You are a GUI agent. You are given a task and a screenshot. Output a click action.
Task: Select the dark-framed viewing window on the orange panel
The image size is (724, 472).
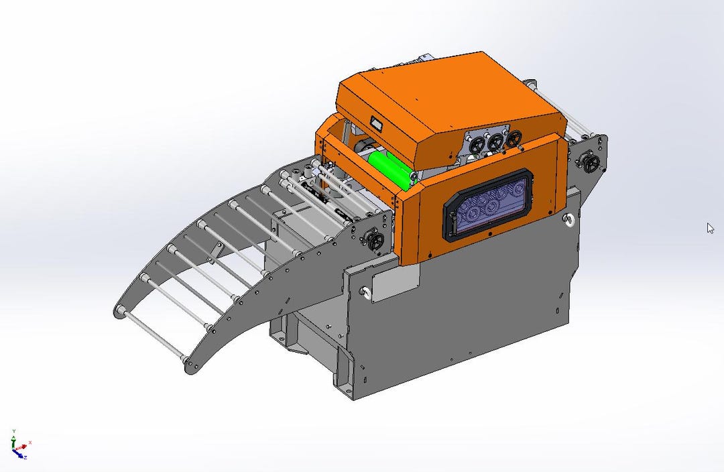coord(487,204)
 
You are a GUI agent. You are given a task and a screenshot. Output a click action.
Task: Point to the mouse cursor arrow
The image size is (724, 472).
coord(710,228)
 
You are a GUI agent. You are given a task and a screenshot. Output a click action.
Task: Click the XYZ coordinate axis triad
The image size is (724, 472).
coord(18,446)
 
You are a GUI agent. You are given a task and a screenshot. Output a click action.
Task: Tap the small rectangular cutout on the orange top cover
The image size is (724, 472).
coord(376,123)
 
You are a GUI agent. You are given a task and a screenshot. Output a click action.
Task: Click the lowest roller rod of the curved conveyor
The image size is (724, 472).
coord(151,335)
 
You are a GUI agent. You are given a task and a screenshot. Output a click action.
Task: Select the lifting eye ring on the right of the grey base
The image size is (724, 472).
coord(568,220)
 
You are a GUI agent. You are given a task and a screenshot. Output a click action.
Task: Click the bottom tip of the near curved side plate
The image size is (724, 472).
coord(192,367)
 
